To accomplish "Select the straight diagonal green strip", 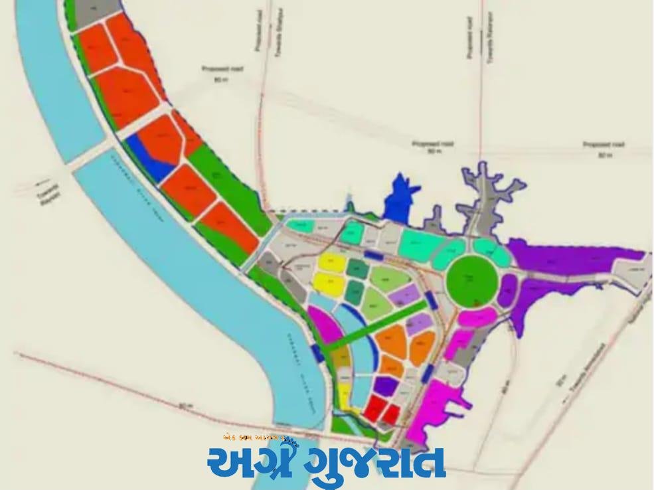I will click(x=378, y=323).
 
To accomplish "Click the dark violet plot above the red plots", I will click(x=386, y=385).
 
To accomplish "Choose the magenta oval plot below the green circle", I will click(x=476, y=317).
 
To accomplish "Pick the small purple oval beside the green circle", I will click(x=508, y=290).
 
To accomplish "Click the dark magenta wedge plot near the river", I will click(x=325, y=326).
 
